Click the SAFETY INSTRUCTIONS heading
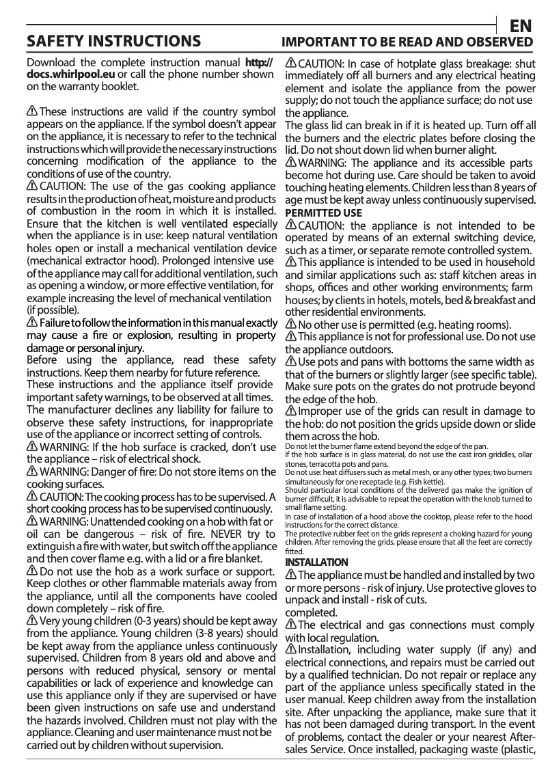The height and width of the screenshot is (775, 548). click(x=113, y=42)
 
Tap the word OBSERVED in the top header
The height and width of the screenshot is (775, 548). click(x=501, y=43)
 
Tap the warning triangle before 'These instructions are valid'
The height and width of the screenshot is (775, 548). click(x=32, y=111)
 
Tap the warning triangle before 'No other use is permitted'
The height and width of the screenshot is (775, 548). click(x=290, y=324)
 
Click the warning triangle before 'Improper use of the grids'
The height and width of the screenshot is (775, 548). click(x=290, y=411)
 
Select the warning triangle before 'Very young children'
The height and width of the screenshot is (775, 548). click(x=32, y=621)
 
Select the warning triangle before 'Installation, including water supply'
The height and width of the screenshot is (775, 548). click(x=290, y=649)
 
